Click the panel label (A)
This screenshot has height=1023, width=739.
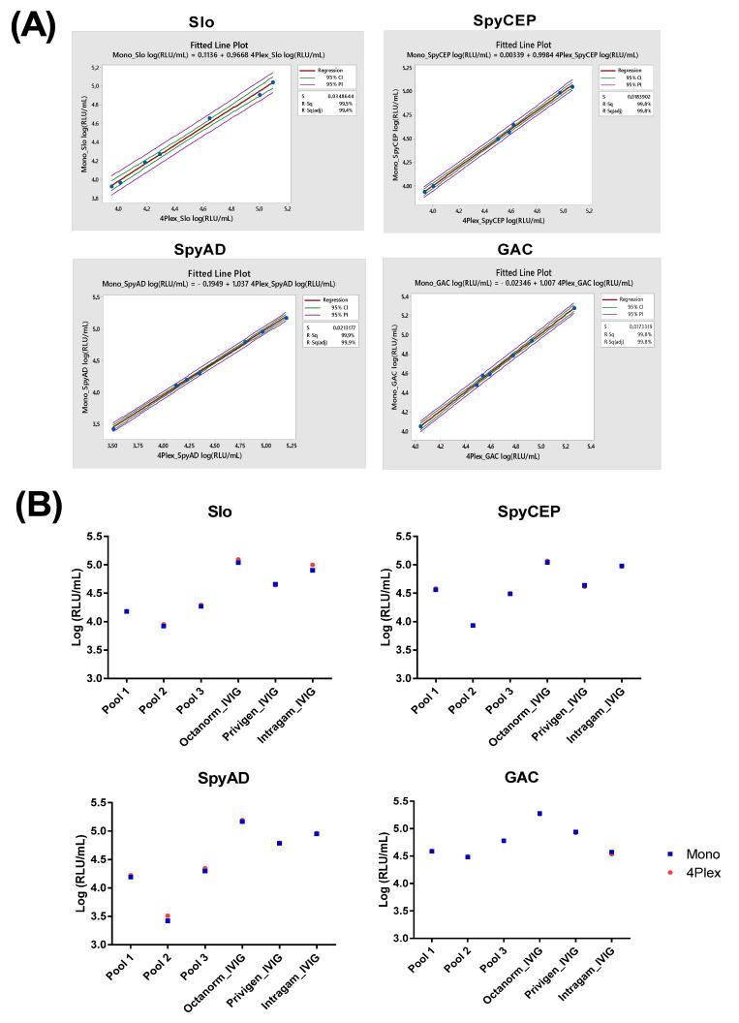(x=34, y=23)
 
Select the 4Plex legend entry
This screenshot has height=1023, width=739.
(x=690, y=873)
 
